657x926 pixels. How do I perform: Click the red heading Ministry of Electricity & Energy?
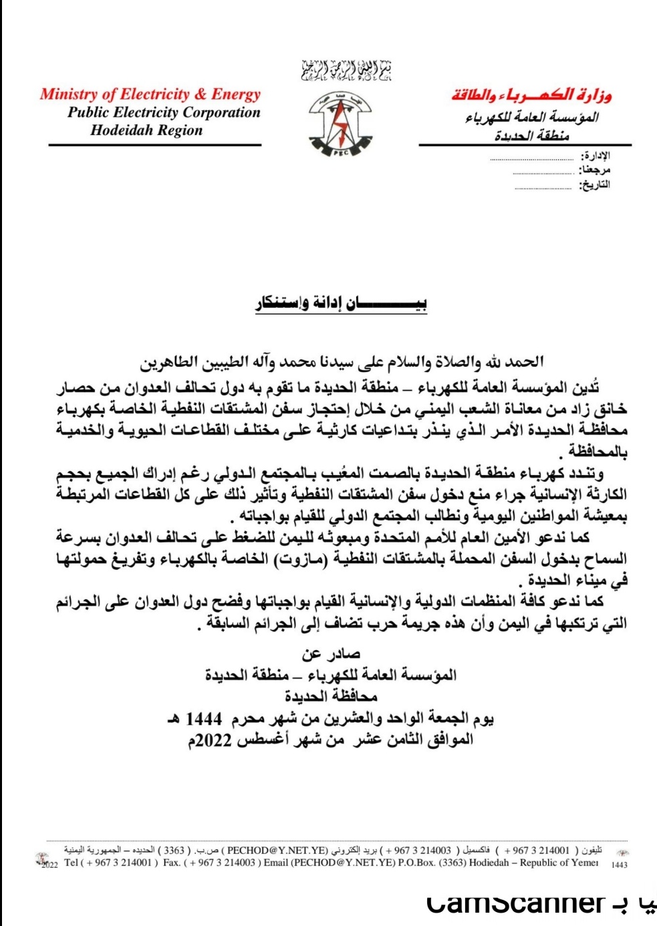(150, 94)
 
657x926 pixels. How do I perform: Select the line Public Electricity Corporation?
(164, 112)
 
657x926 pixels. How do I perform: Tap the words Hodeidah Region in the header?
(146, 130)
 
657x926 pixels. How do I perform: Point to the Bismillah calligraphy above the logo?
(346, 70)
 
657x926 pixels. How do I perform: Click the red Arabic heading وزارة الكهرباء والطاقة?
(532, 95)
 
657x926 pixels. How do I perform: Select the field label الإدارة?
(595, 156)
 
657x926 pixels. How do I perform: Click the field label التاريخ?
(594, 185)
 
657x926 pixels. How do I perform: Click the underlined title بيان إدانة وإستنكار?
(341, 304)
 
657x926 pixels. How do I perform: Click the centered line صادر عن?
(331, 654)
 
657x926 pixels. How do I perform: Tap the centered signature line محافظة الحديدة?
(331, 696)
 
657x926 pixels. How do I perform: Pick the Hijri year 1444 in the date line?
(203, 719)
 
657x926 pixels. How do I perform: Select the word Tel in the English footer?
(72, 863)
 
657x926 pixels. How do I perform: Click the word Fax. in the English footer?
(172, 863)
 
